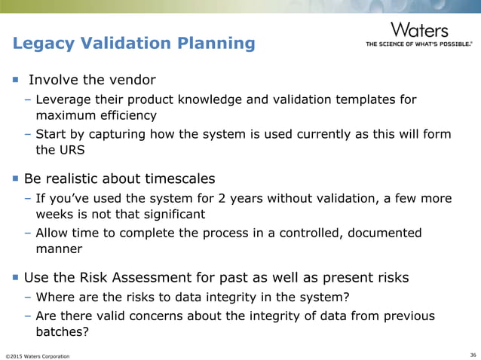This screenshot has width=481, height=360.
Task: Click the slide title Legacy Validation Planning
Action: click(x=133, y=43)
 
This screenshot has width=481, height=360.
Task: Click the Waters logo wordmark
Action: click(x=419, y=30)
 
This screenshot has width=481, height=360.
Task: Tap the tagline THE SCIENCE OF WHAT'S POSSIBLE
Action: click(x=418, y=44)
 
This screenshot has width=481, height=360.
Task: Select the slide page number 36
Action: click(x=472, y=355)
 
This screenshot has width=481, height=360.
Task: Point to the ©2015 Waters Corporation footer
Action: click(x=37, y=355)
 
